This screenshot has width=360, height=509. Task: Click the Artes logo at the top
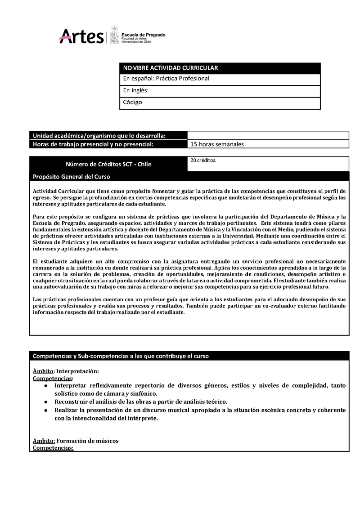click(x=81, y=36)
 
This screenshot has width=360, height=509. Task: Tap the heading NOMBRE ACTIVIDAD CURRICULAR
click(x=171, y=68)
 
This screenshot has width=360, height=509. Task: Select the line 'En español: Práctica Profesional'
click(x=166, y=79)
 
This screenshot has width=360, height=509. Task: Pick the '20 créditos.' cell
click(x=203, y=160)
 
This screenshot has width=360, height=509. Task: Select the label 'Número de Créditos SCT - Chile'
click(x=108, y=164)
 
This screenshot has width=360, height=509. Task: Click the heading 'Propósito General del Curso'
click(x=72, y=177)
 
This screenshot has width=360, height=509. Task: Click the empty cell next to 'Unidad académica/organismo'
click(x=268, y=135)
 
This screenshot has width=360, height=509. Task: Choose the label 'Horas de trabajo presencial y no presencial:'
click(x=93, y=144)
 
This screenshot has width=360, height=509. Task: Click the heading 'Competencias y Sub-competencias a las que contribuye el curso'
click(x=121, y=356)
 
